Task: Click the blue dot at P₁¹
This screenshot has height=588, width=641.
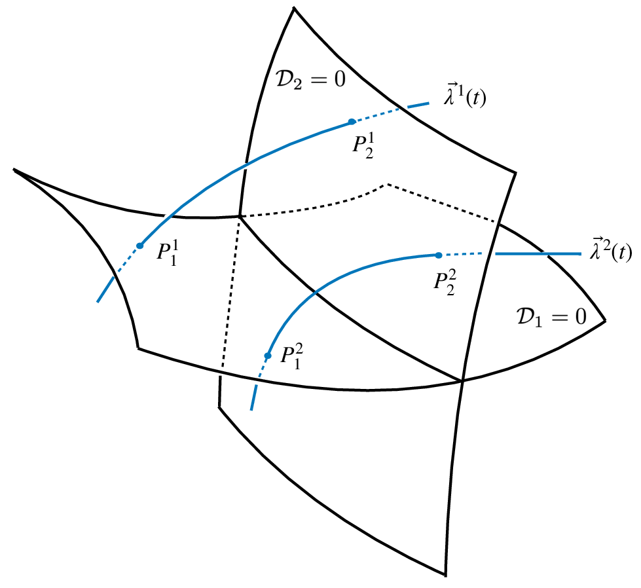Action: pyautogui.click(x=139, y=246)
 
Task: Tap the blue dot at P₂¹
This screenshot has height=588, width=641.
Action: pyautogui.click(x=352, y=122)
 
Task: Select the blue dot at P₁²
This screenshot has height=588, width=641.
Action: pyautogui.click(x=267, y=356)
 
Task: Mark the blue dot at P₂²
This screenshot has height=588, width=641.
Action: pyautogui.click(x=437, y=255)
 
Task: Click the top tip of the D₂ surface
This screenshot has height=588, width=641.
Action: pyautogui.click(x=293, y=7)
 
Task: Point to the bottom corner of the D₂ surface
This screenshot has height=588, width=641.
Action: pyautogui.click(x=445, y=576)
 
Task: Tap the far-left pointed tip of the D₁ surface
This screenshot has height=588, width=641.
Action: pyautogui.click(x=13, y=169)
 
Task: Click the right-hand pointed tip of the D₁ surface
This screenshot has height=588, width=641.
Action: pyautogui.click(x=605, y=320)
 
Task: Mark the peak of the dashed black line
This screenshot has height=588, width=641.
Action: pyautogui.click(x=388, y=184)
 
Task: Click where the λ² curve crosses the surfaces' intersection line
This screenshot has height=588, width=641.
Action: pyautogui.click(x=315, y=293)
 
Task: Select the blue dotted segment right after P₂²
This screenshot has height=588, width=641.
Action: pyautogui.click(x=461, y=254)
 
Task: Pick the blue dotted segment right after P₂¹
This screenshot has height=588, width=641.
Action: pyautogui.click(x=376, y=115)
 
